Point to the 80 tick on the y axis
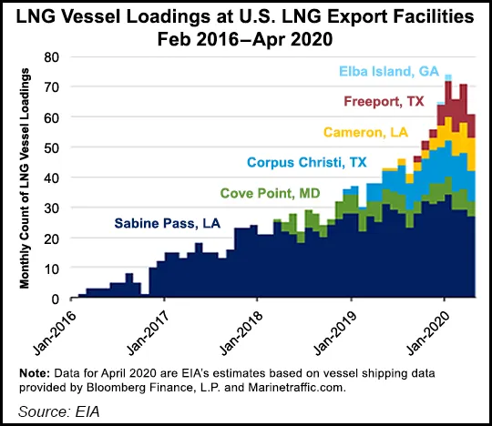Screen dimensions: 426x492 (x=53, y=56)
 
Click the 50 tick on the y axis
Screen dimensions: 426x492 (x=53, y=147)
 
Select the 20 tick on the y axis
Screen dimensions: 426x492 (x=53, y=238)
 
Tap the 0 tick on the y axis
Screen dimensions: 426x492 (x=56, y=299)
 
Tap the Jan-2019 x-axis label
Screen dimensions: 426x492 (x=330, y=327)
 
